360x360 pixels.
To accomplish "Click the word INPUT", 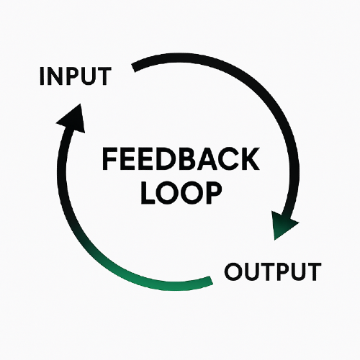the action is pyautogui.click(x=76, y=76).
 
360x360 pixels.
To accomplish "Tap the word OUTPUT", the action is pyautogui.click(x=273, y=271).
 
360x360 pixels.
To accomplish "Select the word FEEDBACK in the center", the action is pyautogui.click(x=181, y=159).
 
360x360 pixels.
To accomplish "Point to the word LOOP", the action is pyautogui.click(x=181, y=193).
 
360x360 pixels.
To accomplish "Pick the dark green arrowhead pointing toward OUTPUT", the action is pyautogui.click(x=282, y=225).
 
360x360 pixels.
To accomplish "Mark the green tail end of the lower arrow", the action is pyautogui.click(x=210, y=281).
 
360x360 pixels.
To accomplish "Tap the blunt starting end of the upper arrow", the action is pyautogui.click(x=133, y=68).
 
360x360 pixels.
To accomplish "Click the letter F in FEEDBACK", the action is pyautogui.click(x=109, y=159).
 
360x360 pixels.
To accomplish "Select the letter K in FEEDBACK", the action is pyautogui.click(x=251, y=159).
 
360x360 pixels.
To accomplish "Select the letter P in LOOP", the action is pyautogui.click(x=213, y=193).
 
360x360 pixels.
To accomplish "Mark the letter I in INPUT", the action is pyautogui.click(x=42, y=76).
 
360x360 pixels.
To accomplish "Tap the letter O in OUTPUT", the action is pyautogui.click(x=234, y=271).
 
